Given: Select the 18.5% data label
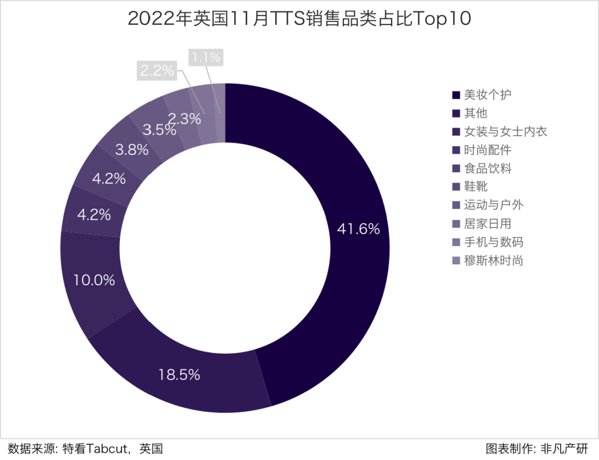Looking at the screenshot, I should pos(179,375).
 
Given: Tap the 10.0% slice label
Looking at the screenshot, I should pos(94,280).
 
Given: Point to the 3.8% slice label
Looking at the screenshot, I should pos(131,150).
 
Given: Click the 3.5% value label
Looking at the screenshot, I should pos(159,130).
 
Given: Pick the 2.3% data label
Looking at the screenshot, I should pos(184,118).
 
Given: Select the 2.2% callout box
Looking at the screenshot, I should pos(156,70).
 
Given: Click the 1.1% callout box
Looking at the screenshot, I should pos(205,57).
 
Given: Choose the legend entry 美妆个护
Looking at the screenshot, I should pos(488,94).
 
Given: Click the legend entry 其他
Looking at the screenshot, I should pos(476,113).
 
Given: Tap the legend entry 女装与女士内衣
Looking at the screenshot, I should pos(506,132).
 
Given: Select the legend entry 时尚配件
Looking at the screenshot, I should pos(488,150).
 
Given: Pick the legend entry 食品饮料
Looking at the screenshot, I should pos(488,169).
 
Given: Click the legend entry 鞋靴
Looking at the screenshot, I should pos(476,187).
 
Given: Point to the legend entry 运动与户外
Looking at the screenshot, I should pos(494,205).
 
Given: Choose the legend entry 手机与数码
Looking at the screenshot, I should pos(494,242).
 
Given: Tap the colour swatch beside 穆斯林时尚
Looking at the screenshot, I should pos(456,261).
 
